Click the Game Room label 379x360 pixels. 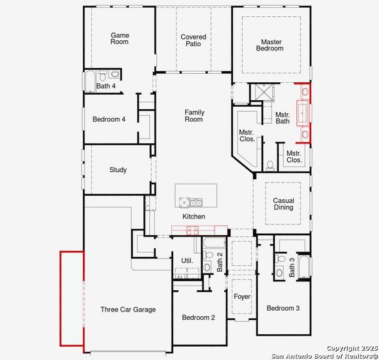[119, 38]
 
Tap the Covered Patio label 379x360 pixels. [193, 40]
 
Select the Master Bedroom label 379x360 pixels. [271, 45]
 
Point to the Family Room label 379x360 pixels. [194, 116]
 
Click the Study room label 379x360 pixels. [118, 170]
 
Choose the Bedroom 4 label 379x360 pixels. [109, 119]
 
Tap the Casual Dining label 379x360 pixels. [283, 204]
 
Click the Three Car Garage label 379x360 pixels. [128, 310]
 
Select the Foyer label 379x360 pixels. [242, 297]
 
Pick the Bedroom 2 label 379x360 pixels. [198, 317]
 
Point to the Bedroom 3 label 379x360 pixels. [283, 308]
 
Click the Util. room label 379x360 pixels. [187, 260]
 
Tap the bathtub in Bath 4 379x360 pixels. [90, 78]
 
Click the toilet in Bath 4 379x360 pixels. [103, 76]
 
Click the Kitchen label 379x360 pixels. [194, 217]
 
